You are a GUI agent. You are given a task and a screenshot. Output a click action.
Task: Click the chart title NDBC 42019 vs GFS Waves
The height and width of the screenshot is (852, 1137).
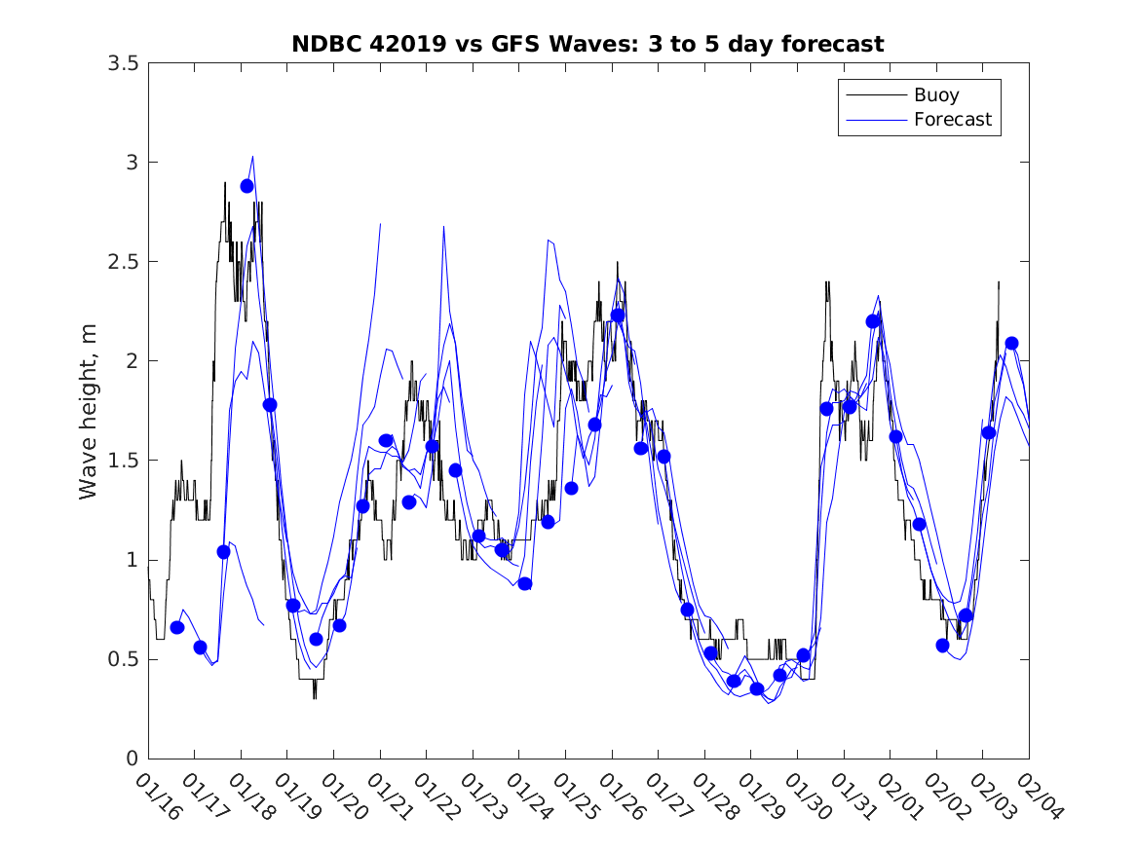[587, 45]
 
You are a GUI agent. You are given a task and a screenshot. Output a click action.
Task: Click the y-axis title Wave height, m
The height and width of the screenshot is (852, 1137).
[89, 411]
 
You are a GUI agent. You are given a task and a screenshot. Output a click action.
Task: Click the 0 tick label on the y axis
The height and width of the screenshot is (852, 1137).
[132, 759]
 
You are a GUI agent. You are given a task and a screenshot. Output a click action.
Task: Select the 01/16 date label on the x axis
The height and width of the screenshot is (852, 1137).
[159, 796]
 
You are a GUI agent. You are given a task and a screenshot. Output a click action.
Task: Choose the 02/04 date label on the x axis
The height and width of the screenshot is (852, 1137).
[1040, 796]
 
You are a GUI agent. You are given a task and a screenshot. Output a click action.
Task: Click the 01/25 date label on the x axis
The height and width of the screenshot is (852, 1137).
[576, 796]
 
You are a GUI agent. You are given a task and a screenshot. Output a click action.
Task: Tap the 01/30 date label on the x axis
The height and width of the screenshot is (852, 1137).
[808, 796]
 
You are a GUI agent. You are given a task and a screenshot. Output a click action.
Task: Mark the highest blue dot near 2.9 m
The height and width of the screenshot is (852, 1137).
[246, 186]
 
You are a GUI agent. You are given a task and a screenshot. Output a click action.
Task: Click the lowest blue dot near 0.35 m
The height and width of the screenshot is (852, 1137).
[757, 689]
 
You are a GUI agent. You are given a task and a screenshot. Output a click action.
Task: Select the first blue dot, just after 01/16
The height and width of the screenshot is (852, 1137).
[177, 627]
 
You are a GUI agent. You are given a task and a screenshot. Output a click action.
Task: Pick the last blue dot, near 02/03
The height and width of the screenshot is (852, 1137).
[1011, 343]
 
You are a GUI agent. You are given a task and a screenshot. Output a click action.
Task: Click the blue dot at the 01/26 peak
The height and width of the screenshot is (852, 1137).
[618, 315]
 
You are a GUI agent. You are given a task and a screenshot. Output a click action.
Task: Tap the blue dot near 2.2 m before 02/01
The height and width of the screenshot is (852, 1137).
[873, 321]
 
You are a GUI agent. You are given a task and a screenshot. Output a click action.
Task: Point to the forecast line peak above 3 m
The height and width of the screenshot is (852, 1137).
[252, 156]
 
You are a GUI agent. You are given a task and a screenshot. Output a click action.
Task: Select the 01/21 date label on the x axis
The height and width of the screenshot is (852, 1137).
[391, 796]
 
